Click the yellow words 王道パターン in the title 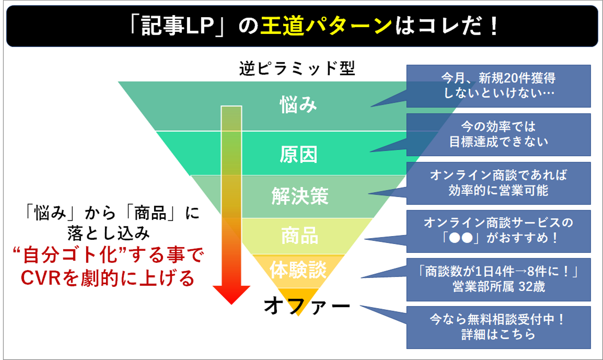point(326,26)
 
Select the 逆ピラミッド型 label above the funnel point(297,68)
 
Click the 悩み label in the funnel point(298,105)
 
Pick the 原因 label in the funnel point(298,154)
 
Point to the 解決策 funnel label point(300,195)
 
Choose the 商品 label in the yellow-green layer point(299,235)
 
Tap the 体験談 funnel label point(298,270)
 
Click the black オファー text point(307,306)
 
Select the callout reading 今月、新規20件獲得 point(498,85)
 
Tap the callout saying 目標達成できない point(498,134)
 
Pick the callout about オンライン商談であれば point(498,183)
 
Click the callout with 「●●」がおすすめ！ point(498,231)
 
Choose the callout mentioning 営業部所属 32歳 point(498,279)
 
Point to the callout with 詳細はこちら point(498,327)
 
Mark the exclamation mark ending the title point(494,26)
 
